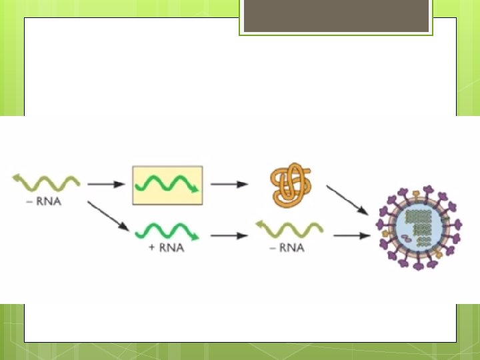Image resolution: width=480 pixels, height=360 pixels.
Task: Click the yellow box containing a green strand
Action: click(x=167, y=185)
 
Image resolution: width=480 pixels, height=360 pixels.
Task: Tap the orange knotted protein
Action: click(x=291, y=185)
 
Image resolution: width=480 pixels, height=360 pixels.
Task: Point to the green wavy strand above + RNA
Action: click(x=167, y=233)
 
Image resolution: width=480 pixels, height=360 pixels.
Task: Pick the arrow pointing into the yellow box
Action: click(x=106, y=184)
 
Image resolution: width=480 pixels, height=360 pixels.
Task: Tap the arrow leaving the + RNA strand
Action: click(x=227, y=235)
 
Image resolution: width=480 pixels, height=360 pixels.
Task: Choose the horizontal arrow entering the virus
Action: click(x=351, y=235)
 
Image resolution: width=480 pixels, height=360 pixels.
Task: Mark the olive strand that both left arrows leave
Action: click(x=45, y=181)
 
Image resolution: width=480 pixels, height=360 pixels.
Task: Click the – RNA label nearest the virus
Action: click(x=289, y=248)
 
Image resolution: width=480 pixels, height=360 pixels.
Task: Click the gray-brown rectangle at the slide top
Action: click(x=336, y=16)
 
